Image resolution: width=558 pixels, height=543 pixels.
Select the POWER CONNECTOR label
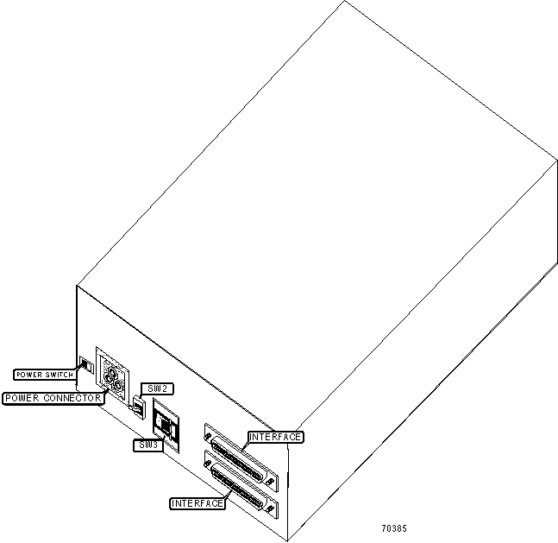pyautogui.click(x=53, y=398)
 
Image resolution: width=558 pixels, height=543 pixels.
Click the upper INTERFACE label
pyautogui.click(x=276, y=437)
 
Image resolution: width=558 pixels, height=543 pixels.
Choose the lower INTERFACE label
pyautogui.click(x=197, y=502)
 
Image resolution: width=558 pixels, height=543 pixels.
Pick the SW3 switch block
pyautogui.click(x=165, y=425)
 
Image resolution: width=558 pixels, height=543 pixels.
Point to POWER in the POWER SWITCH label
pyautogui.click(x=28, y=375)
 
